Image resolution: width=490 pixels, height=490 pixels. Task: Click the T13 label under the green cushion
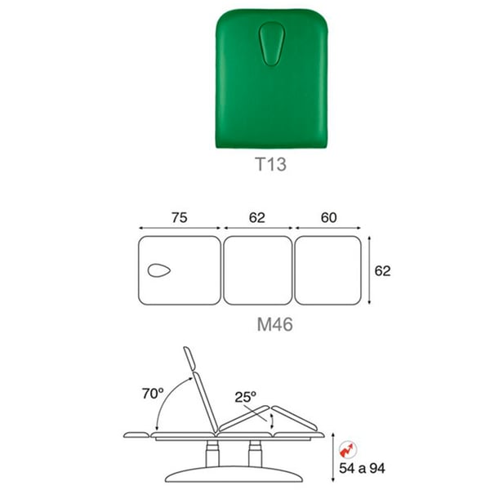coord(270,164)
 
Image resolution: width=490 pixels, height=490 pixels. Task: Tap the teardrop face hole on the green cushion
coord(272,44)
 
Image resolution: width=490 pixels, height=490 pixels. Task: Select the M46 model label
coord(274,324)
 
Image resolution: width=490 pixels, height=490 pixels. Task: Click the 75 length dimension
coord(180,217)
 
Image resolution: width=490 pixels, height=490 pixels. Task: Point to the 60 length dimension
coord(329,217)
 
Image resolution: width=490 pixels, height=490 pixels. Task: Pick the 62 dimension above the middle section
coord(257,217)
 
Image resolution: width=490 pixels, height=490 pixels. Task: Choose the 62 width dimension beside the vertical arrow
coord(382,271)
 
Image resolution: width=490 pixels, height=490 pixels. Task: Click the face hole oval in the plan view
coord(159,270)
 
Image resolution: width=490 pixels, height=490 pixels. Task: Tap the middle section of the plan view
coord(258,270)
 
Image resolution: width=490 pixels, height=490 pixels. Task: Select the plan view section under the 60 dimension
coord(328,270)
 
